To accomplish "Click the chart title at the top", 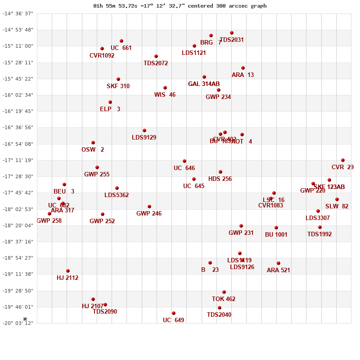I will coord(180,6).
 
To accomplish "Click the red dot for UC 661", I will coord(121,41).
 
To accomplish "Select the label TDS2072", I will coord(156,63).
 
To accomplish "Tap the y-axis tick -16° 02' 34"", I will coord(18,95).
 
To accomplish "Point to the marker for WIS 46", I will coord(165,88).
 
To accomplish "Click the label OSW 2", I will coord(93,150).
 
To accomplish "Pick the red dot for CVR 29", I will coord(343,160).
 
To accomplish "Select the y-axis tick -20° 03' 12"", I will coord(18,323).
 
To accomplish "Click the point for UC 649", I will coord(174,313).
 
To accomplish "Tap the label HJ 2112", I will coord(67,278).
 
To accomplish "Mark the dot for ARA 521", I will coord(279,263).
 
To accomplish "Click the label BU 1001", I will coord(276,235).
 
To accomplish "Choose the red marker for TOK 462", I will coord(224,292).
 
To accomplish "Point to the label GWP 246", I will coord(149,214).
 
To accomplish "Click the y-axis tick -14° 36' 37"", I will coord(18,13).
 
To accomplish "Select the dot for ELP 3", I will coord(110,102).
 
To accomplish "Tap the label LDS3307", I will coord(318,218).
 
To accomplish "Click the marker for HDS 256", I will coord(220,172).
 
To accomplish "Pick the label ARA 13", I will coord(243,75).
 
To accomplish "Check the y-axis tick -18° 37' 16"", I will coord(18,242).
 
